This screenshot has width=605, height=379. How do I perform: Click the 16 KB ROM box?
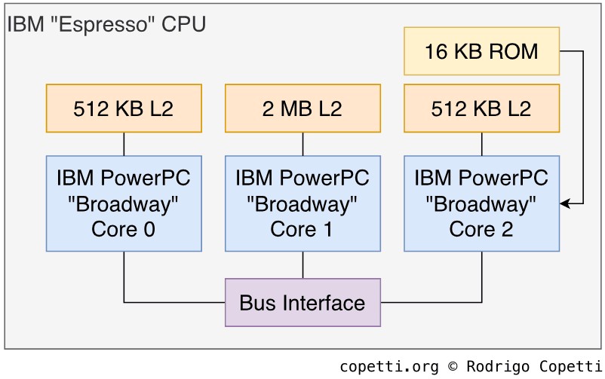point(481,51)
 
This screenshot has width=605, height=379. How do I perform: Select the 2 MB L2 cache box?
point(302,109)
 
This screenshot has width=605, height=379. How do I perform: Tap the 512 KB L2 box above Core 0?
point(124,109)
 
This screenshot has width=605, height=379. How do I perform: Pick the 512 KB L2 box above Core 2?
point(481,109)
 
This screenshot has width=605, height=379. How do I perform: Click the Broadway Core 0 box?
point(124,203)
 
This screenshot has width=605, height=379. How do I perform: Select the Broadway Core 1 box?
point(302,203)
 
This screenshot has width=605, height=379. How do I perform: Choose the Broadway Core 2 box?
point(481,203)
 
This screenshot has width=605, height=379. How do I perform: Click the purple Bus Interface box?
point(302,303)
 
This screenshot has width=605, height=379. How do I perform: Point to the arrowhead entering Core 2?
point(565,203)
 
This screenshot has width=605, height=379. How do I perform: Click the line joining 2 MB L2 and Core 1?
point(302,144)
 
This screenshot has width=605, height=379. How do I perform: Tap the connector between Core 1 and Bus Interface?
point(302,264)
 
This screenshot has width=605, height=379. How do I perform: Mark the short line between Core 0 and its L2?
point(124,144)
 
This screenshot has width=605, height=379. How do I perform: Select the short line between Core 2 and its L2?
point(481,144)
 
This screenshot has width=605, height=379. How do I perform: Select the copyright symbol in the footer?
point(453,367)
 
